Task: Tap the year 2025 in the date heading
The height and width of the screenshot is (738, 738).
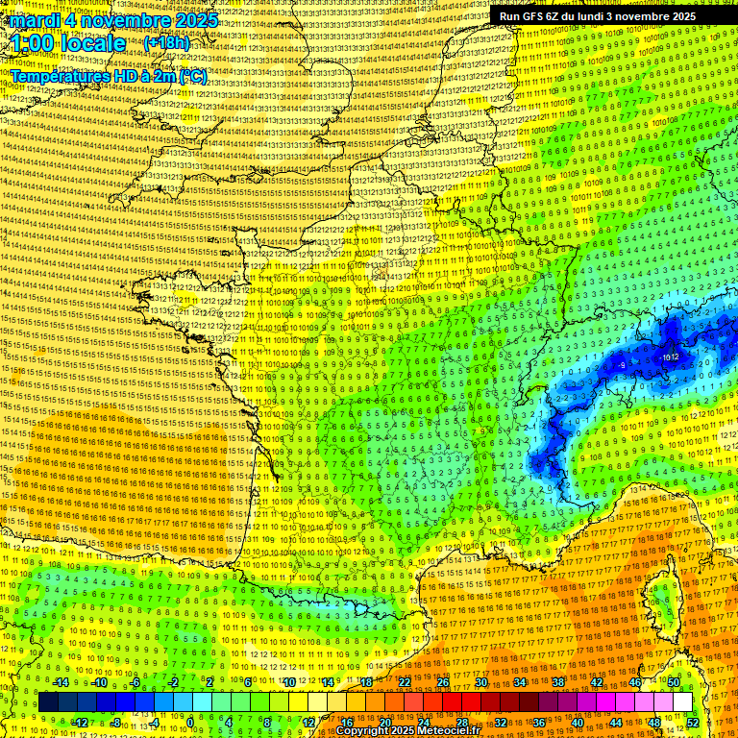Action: pos(195,20)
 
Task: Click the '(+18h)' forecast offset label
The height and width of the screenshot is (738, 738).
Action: pos(166,43)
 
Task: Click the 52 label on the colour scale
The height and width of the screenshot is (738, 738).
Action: pos(692,722)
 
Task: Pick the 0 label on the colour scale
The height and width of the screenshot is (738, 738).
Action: pos(190,722)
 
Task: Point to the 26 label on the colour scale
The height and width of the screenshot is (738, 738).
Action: pos(443,682)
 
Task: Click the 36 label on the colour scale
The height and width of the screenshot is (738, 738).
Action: pos(538,722)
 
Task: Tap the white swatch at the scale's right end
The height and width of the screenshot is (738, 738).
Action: pos(682,702)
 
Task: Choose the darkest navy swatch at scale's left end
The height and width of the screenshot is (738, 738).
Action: pos(49,702)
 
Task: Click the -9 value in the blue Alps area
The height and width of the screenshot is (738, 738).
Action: pos(622,365)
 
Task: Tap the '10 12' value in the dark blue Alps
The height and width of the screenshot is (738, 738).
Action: pos(670,357)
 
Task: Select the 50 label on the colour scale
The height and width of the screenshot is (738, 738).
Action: pos(674,682)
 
